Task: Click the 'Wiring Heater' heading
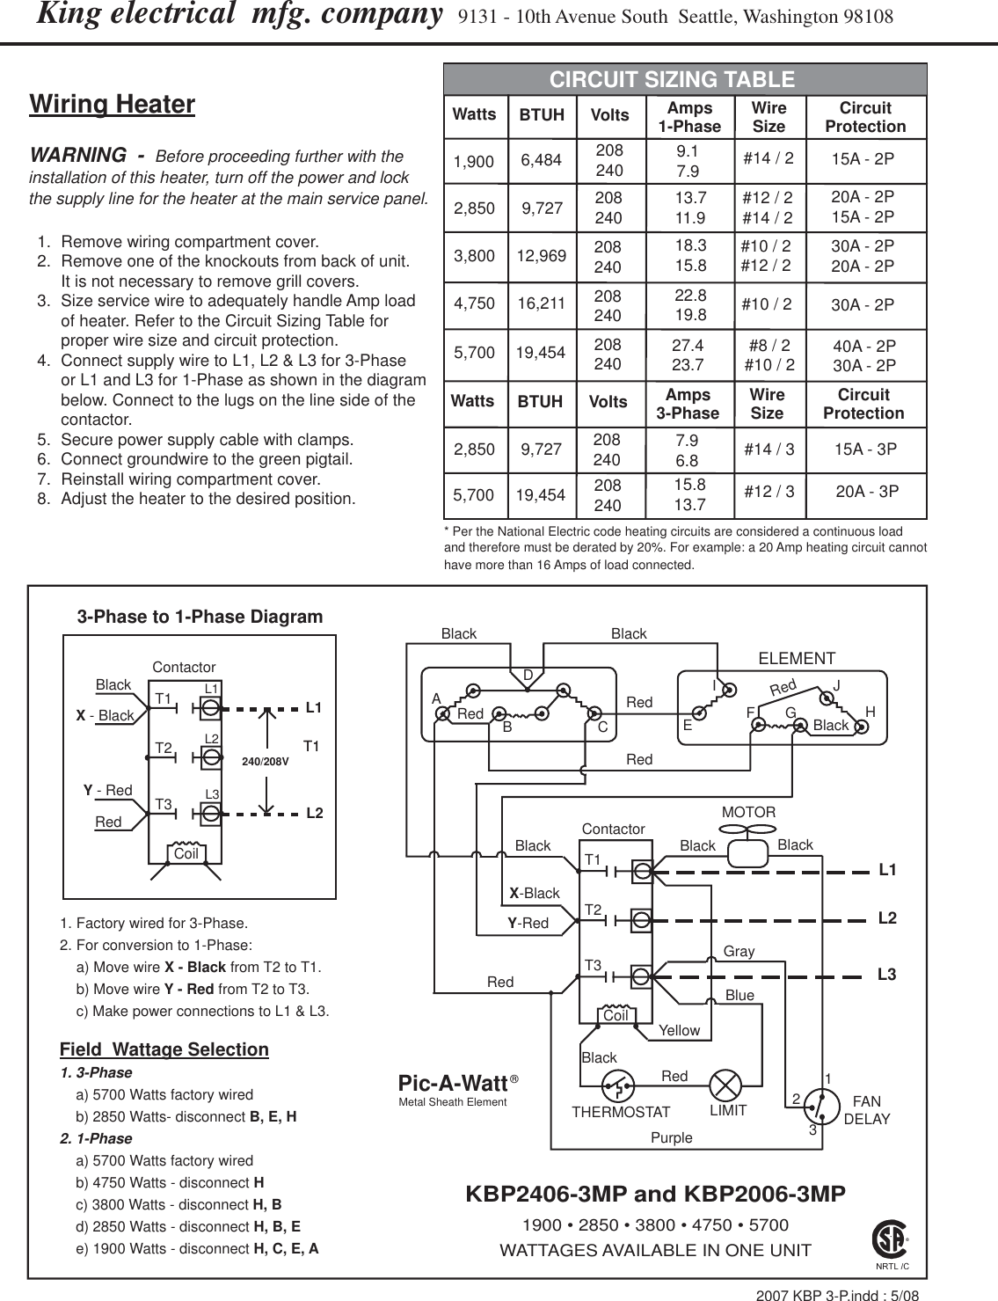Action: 112,105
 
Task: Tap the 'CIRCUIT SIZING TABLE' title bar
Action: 672,80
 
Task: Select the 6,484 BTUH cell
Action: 542,159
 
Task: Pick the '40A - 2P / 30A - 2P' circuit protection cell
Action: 863,355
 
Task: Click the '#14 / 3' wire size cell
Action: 769,450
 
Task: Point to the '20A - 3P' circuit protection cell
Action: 866,491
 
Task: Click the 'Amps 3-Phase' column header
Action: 688,404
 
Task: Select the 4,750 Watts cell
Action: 474,304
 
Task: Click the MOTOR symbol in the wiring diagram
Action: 749,852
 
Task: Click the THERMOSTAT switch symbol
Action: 622,1087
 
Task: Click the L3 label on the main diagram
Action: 887,975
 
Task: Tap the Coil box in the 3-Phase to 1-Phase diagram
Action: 186,853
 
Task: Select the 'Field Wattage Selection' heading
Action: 164,1049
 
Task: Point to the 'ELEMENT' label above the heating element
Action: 796,658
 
